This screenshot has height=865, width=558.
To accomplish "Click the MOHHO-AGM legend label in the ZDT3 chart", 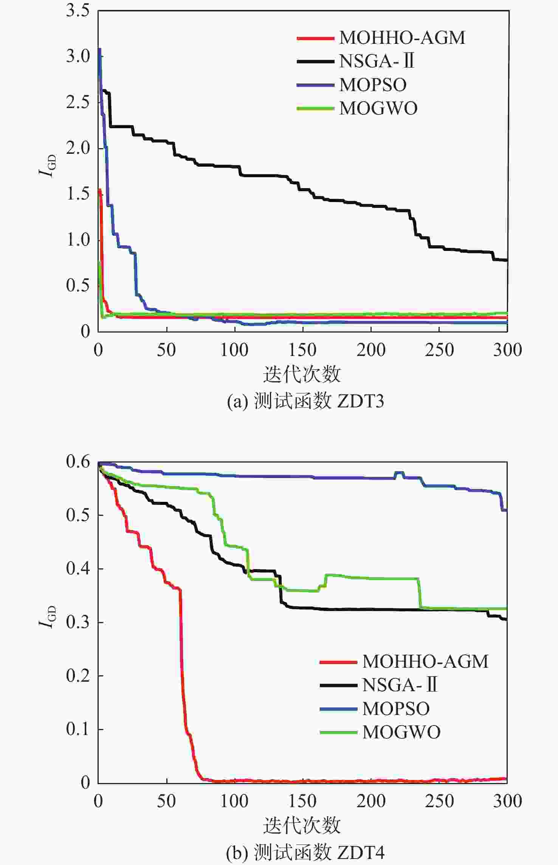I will (402, 38).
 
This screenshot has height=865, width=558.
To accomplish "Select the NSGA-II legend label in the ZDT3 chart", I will (377, 61).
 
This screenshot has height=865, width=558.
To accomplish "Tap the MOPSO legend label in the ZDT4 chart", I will (396, 709).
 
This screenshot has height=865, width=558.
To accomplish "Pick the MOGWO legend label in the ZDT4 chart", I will (401, 732).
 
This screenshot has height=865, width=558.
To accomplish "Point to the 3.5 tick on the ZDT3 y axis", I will (78, 11).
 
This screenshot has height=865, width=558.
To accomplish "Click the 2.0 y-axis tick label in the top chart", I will (78, 148).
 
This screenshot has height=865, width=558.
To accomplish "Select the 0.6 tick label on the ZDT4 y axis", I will (78, 461).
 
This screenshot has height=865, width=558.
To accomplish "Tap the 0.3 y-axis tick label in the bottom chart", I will (78, 622).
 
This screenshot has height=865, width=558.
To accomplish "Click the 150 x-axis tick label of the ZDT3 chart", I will (302, 350).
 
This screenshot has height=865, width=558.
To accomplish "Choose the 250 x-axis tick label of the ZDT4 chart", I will (439, 801).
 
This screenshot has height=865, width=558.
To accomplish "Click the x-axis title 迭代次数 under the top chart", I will (302, 374).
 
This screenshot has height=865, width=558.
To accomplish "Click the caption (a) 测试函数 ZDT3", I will (305, 401).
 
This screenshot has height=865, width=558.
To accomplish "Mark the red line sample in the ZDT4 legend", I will (338, 662).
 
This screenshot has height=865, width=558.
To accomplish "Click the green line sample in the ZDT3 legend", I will (315, 109).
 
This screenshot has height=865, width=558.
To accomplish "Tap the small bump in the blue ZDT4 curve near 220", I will (399, 473).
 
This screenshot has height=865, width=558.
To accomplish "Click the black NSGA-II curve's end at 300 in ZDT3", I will (505, 260).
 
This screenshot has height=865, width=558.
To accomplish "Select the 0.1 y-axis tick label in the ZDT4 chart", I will (78, 729).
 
